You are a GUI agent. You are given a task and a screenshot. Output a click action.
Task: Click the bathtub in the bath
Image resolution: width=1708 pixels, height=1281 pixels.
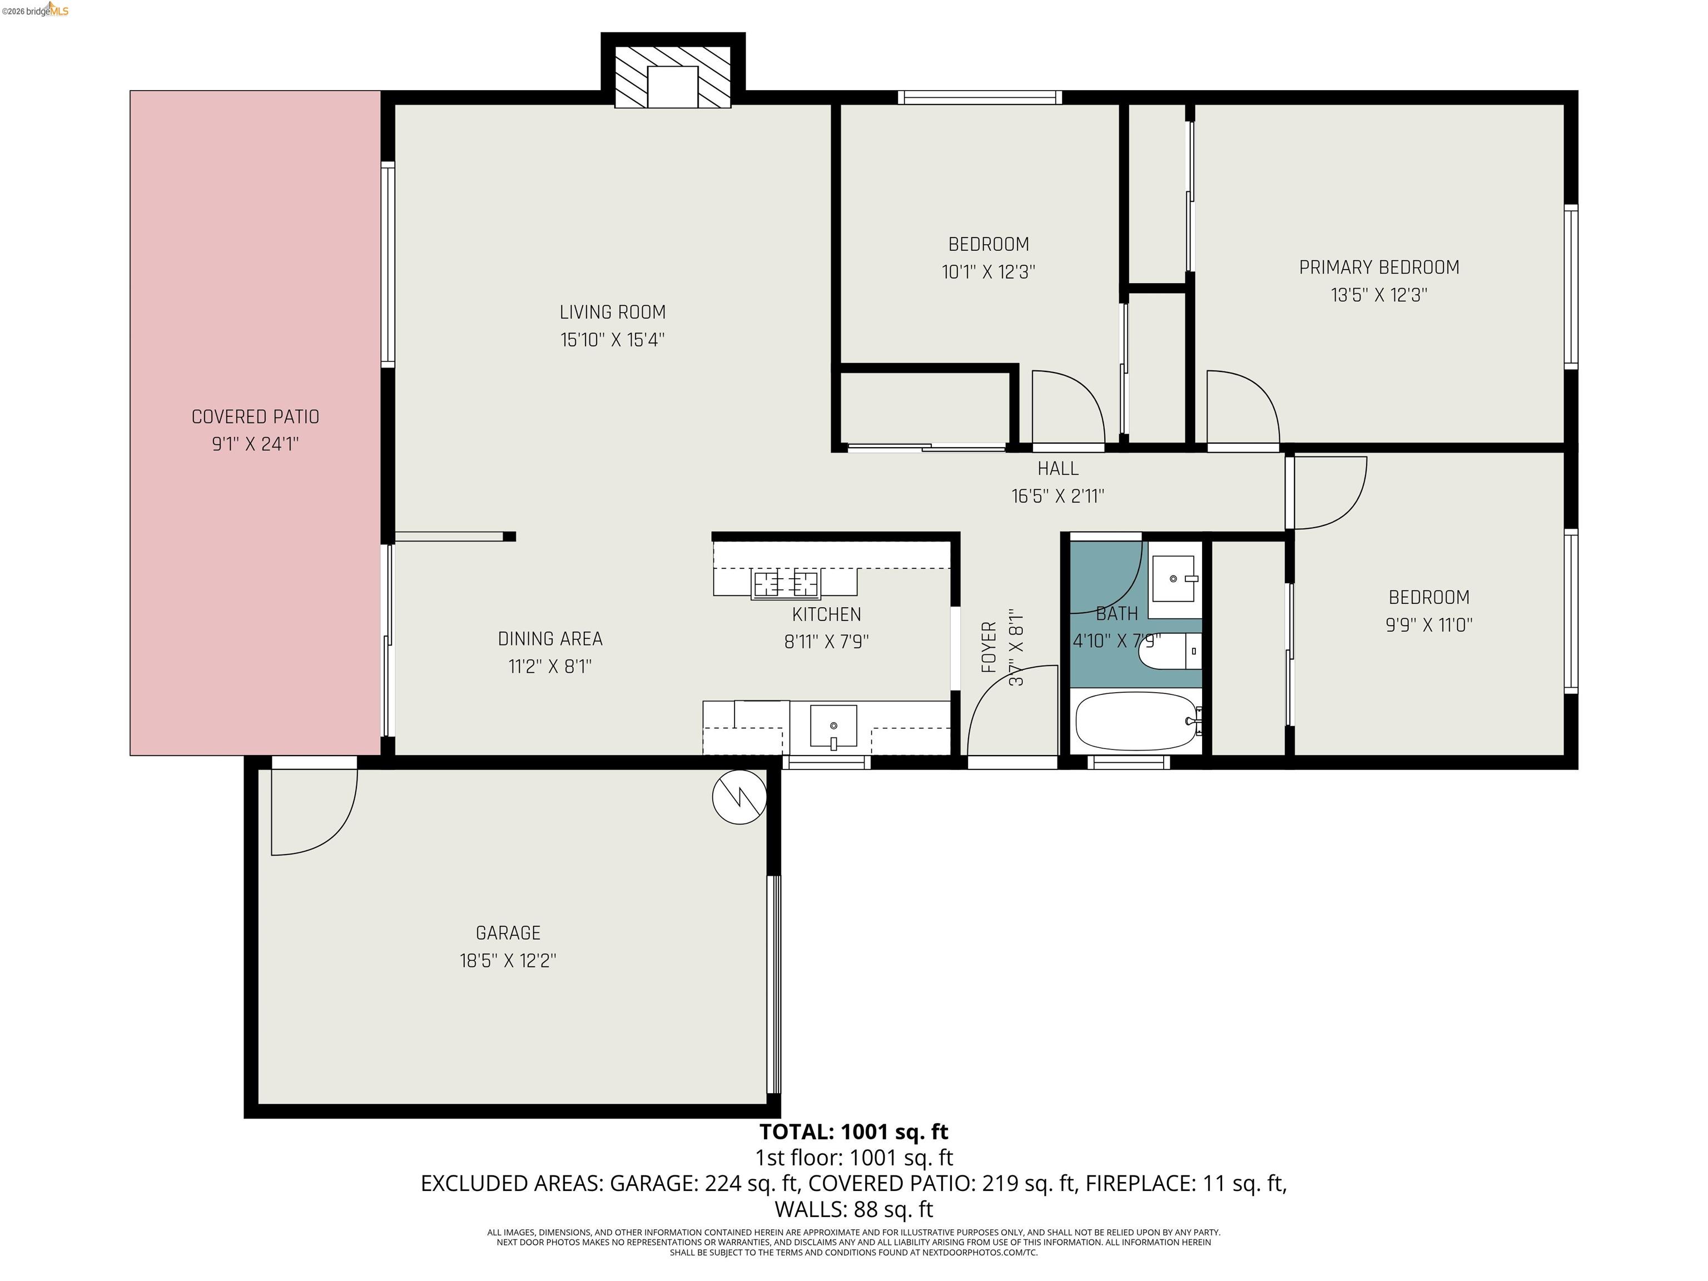[x=1135, y=721]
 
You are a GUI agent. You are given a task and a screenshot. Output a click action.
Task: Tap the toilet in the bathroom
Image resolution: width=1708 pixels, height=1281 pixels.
[x=1169, y=652]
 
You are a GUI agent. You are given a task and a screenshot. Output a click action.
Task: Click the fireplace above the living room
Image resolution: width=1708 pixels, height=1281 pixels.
[x=673, y=77]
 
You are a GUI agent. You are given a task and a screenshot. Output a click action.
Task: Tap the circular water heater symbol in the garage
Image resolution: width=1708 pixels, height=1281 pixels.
[x=739, y=797]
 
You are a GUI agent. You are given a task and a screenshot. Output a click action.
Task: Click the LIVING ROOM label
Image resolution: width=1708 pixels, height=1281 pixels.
[x=612, y=312]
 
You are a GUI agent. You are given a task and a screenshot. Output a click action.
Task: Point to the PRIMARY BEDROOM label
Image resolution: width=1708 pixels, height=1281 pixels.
[x=1378, y=267]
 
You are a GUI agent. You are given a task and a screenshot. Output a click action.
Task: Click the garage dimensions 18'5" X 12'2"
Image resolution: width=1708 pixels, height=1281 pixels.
[x=508, y=961]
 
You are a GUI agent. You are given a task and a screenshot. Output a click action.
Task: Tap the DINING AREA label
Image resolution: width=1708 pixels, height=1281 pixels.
[x=550, y=639]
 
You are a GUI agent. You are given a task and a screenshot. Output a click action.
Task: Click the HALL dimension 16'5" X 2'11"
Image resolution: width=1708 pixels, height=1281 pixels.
[x=1058, y=496]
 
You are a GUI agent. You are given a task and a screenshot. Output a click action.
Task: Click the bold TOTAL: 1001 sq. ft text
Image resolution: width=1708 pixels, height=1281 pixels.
[x=853, y=1132]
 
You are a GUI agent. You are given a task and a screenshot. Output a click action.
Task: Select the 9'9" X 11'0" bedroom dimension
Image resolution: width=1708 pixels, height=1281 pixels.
[x=1428, y=625]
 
